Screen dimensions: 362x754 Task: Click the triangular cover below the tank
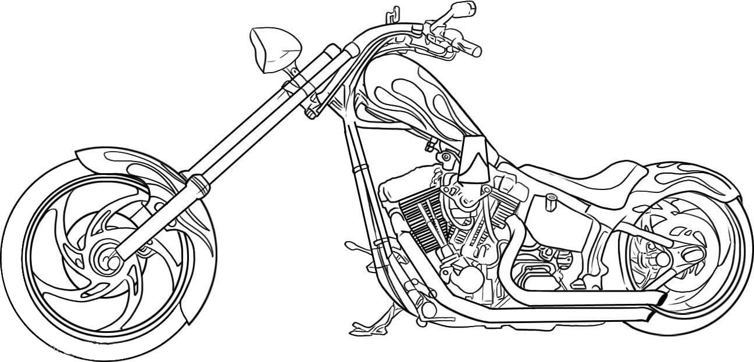477,157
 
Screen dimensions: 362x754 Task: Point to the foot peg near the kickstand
351,246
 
